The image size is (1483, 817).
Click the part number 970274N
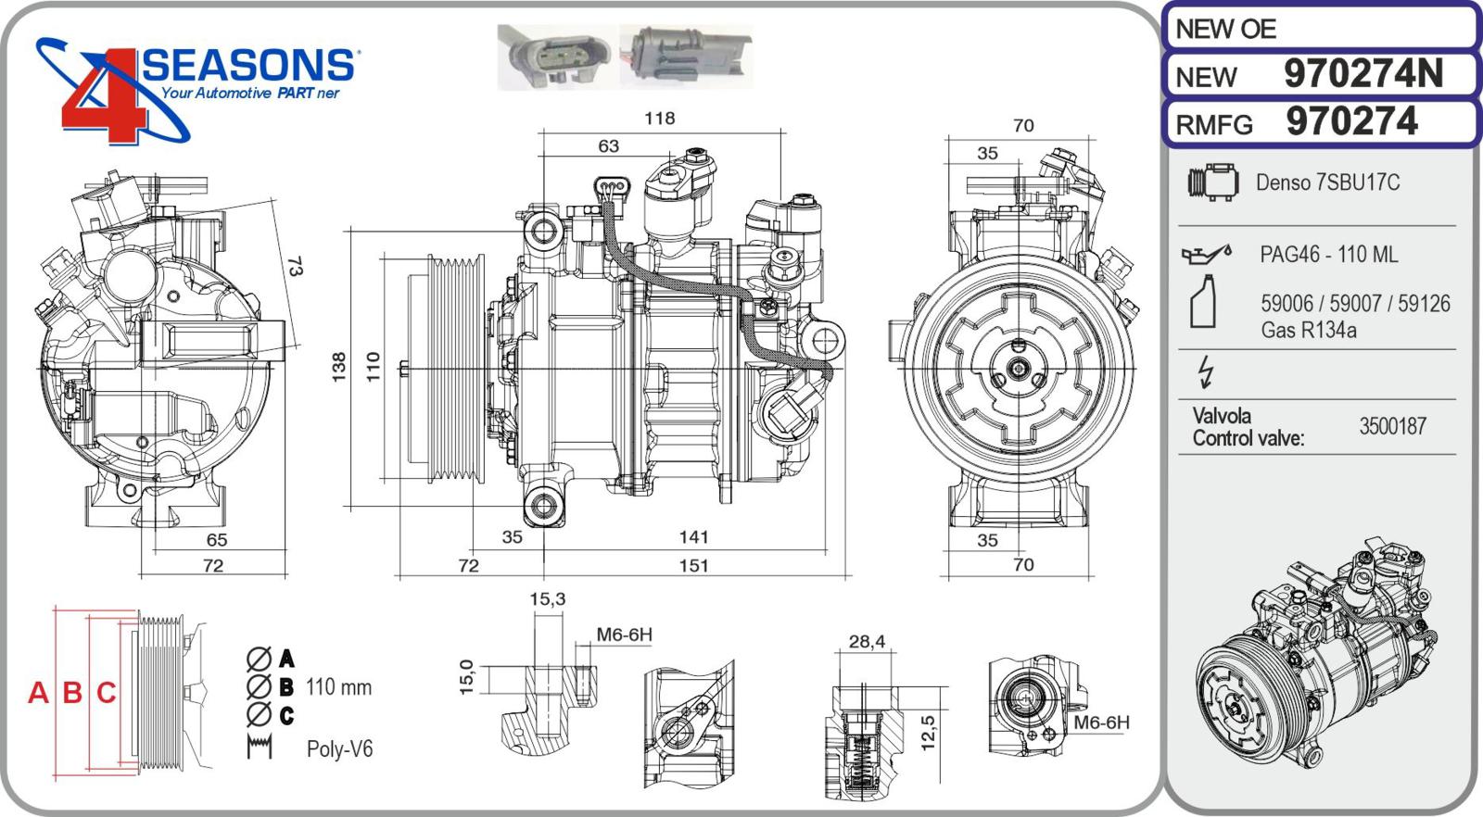point(1363,74)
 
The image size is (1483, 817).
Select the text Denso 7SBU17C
point(1327,182)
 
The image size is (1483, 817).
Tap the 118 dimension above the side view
point(659,118)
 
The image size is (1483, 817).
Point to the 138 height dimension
point(339,366)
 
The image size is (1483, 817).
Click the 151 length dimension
point(693,565)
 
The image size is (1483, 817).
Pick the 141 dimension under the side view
point(693,536)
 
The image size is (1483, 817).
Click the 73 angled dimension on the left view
point(294,267)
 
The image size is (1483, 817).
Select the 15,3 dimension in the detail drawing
point(547,599)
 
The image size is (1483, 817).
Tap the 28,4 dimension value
point(867,641)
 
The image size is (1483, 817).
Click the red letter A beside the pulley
point(38,692)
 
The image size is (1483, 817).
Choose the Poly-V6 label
point(339,748)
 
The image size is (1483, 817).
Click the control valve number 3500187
point(1392,426)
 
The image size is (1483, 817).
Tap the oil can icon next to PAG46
point(1205,253)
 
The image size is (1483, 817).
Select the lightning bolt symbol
point(1205,371)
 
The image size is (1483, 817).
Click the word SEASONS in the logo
point(248,65)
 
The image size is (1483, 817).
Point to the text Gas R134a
point(1308,330)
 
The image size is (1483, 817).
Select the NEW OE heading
point(1225,29)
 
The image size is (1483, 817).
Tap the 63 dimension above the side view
point(608,145)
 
